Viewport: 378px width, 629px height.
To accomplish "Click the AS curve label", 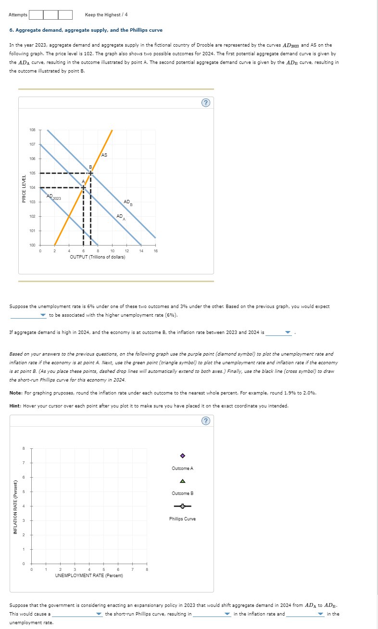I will (104, 155).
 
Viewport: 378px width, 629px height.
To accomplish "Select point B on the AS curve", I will (91, 173).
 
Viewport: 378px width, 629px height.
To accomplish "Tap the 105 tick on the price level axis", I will (32, 173).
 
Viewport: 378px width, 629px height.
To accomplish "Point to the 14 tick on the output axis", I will (141, 251).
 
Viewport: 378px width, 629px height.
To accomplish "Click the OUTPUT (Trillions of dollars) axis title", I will (98, 257).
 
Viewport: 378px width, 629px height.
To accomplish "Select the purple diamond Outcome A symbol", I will (182, 456).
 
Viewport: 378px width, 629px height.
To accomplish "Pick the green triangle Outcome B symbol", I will (182, 481).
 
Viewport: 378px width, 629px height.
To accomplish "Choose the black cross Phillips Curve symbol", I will (182, 506).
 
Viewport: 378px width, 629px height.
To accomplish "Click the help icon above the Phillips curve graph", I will (206, 421).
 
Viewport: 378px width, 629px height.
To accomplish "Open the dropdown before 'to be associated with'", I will (28, 315).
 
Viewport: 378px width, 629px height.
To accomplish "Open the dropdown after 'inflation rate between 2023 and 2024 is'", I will (279, 332).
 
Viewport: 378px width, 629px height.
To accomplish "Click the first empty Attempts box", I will (36, 15).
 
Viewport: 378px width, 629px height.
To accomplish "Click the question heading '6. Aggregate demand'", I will (86, 30).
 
